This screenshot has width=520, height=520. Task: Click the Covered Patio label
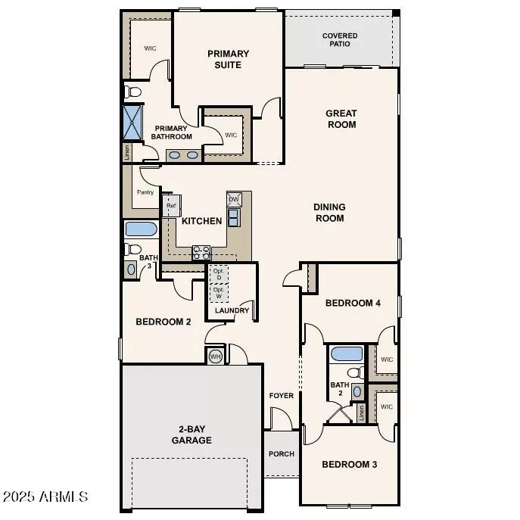[340, 41]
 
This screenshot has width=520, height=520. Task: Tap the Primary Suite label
[228, 59]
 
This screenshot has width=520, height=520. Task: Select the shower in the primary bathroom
[133, 120]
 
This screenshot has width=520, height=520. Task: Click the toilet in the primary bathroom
[134, 92]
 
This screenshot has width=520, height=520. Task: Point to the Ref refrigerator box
[170, 206]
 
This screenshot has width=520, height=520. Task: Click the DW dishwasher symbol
[234, 199]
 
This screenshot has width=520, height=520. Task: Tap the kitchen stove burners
[201, 252]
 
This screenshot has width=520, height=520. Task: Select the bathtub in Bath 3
[141, 229]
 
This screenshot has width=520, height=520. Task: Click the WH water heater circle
[214, 356]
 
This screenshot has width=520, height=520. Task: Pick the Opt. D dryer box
[219, 274]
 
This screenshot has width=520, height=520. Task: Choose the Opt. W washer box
[219, 292]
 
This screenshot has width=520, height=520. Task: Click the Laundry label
[232, 310]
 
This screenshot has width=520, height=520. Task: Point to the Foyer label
[282, 396]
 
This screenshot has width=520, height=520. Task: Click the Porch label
[282, 454]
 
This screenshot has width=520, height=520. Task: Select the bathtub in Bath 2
[347, 353]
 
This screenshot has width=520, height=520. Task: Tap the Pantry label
[145, 192]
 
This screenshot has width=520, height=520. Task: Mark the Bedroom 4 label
[352, 304]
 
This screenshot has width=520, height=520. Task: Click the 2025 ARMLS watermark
[45, 497]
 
